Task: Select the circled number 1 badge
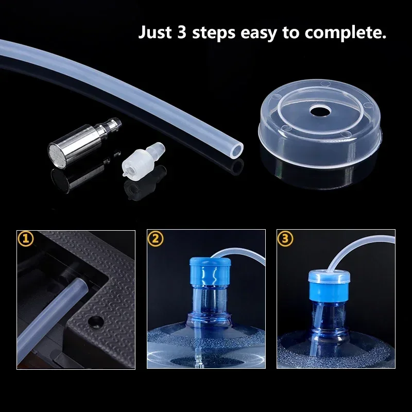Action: [26, 239]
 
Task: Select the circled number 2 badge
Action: [156, 239]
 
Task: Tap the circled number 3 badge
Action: [285, 239]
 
